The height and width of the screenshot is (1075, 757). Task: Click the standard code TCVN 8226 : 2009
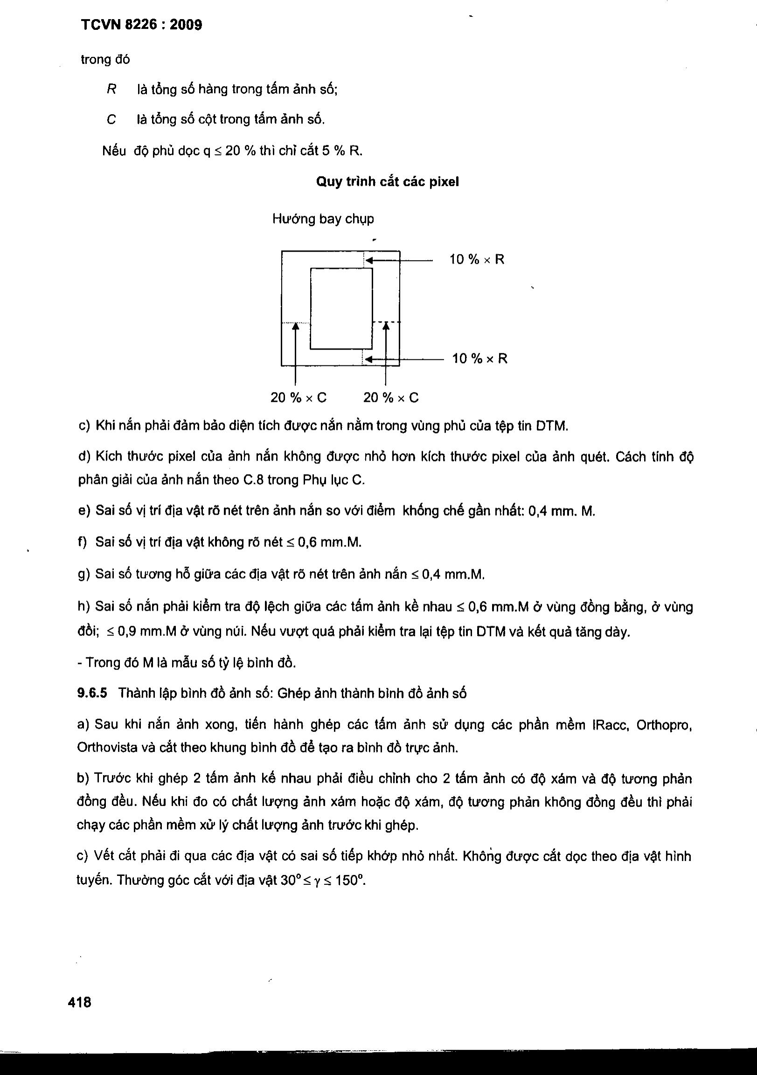point(141,25)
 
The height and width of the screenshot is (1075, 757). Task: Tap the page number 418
point(80,1002)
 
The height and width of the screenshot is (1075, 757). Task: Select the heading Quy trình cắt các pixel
point(388,182)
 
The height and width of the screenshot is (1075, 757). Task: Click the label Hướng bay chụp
point(323,219)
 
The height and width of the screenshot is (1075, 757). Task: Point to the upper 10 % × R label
point(477,259)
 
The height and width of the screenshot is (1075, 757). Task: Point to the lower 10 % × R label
point(479,358)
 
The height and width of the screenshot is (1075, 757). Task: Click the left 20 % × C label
point(299,398)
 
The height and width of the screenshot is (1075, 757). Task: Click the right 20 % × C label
point(391,398)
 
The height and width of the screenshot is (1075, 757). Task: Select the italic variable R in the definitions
point(111,89)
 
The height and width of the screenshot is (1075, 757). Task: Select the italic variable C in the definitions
point(111,120)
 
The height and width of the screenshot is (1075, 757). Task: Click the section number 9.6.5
point(92,693)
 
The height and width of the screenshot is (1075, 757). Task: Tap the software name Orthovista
point(106,748)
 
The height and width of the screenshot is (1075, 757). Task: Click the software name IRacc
point(608,725)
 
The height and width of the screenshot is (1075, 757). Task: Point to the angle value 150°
point(350,881)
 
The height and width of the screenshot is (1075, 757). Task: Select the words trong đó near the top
point(105,60)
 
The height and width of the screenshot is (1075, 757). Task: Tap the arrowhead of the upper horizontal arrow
point(368,260)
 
